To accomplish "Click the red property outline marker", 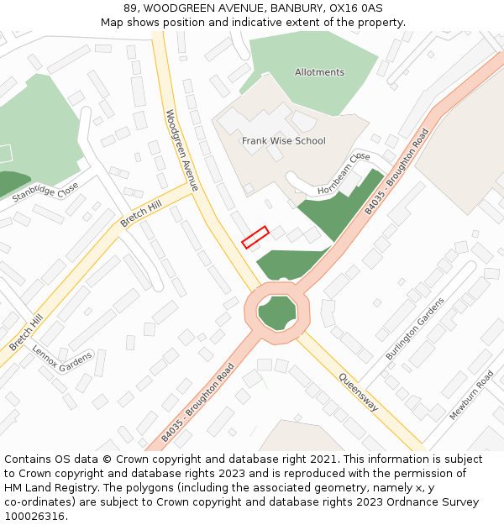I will pyautogui.click(x=255, y=238).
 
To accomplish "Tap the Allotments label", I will pyautogui.click(x=319, y=72).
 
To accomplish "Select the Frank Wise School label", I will pyautogui.click(x=284, y=141).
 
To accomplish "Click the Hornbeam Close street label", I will pyautogui.click(x=344, y=176).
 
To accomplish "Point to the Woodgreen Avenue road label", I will pyautogui.click(x=181, y=150).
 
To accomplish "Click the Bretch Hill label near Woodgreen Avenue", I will pyautogui.click(x=140, y=213).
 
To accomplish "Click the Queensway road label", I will pyautogui.click(x=359, y=392).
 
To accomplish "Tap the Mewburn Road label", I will pyautogui.click(x=471, y=395).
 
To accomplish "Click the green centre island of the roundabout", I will pyautogui.click(x=277, y=313).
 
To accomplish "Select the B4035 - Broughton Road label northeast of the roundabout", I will pyautogui.click(x=396, y=171).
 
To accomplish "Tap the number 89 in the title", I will pyautogui.click(x=131, y=8).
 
